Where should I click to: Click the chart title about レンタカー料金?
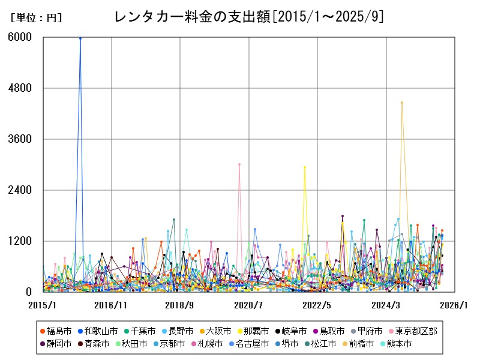(x=248, y=17)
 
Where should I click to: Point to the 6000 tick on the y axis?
(x=20, y=37)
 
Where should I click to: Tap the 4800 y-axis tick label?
(x=20, y=88)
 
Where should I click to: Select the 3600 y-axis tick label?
(x=20, y=139)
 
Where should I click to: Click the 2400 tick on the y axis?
(x=20, y=190)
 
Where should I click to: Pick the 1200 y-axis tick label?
(x=20, y=241)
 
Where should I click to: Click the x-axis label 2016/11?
(x=111, y=305)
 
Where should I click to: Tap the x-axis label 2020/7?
(x=248, y=305)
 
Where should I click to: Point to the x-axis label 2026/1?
(x=454, y=305)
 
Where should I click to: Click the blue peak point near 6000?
(x=80, y=38)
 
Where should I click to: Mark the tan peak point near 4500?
(x=402, y=103)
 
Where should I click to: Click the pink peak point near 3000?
(x=239, y=164)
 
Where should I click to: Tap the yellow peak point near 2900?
(x=305, y=167)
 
